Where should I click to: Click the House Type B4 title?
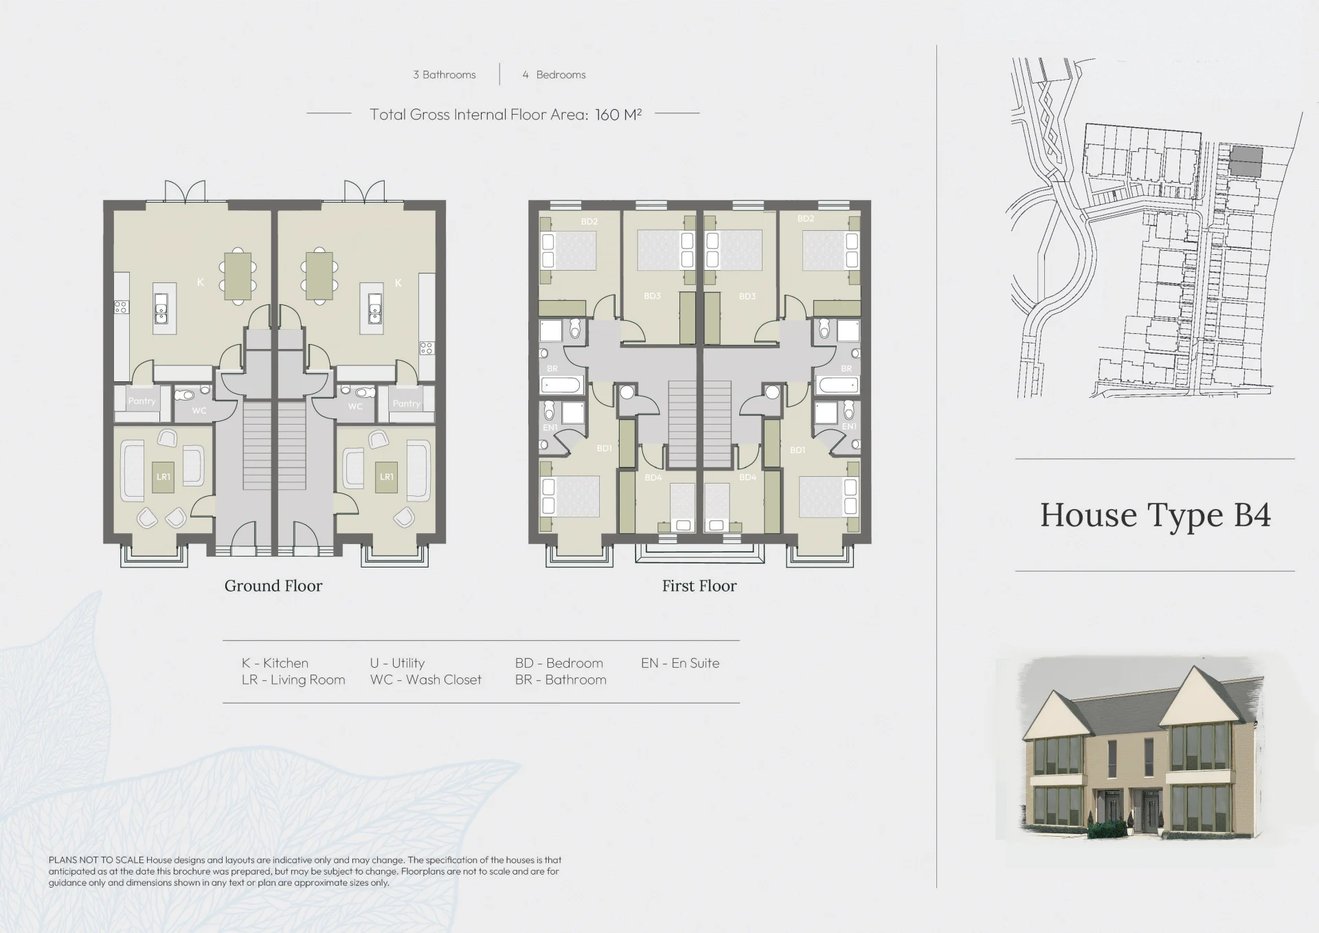tap(1155, 515)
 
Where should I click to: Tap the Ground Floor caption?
tap(273, 586)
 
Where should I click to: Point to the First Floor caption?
tap(699, 586)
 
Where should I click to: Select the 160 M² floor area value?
tap(618, 115)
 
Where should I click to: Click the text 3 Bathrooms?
tap(444, 75)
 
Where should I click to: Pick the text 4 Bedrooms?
tap(554, 75)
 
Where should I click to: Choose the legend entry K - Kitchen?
tap(275, 663)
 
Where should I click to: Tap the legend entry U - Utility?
tap(397, 663)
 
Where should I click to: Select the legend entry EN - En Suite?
tap(680, 663)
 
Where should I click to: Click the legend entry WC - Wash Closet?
tap(426, 679)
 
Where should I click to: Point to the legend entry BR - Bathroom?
tap(561, 679)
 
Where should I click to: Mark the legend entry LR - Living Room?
tap(293, 679)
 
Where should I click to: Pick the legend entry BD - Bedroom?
tap(559, 663)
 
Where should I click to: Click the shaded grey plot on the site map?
tap(1245, 160)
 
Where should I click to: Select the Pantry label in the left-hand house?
tap(142, 401)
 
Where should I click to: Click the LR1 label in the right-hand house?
tap(387, 477)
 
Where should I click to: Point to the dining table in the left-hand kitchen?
tap(238, 277)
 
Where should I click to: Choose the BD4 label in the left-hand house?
tap(653, 477)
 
